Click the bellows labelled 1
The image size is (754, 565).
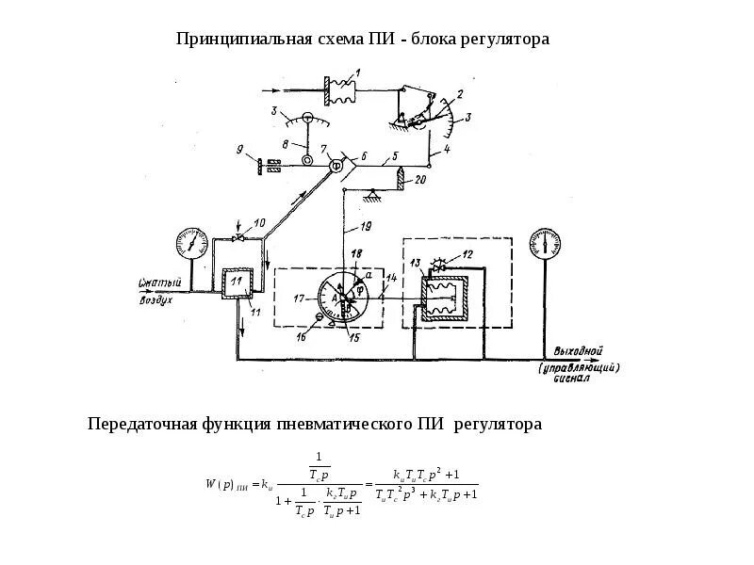[x=339, y=90]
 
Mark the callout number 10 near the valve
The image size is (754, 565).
[x=259, y=223]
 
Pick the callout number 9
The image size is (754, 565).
[x=240, y=149]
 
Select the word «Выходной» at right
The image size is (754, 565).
[x=576, y=351]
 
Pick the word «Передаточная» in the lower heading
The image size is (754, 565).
[x=144, y=425]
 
